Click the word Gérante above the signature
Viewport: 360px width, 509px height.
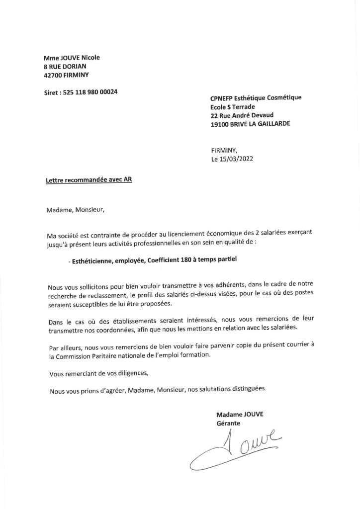pyautogui.click(x=228, y=423)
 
